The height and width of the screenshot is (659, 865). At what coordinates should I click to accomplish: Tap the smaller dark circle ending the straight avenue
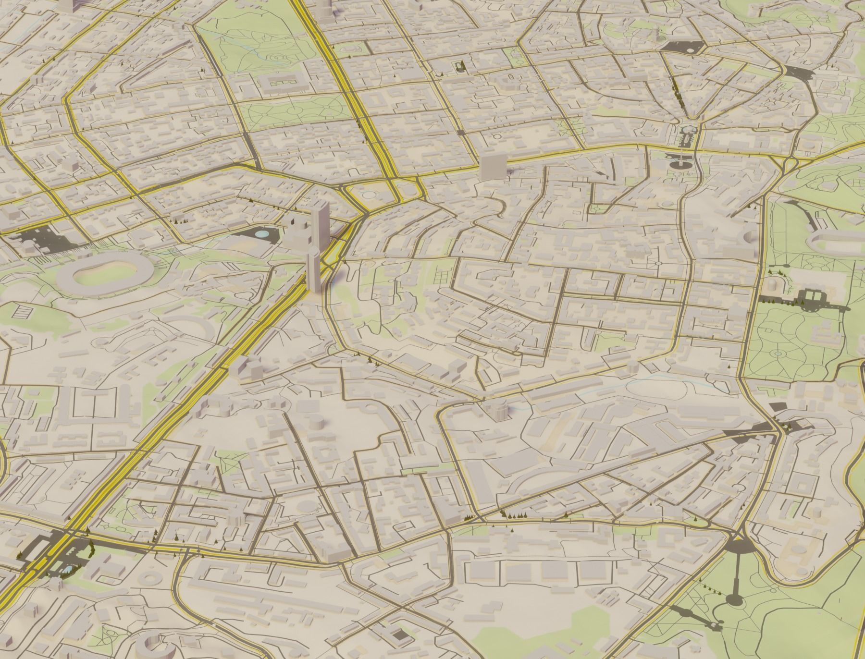pyautogui.click(x=734, y=599)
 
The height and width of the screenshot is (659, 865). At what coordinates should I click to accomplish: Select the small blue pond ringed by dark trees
pyautogui.click(x=67, y=569)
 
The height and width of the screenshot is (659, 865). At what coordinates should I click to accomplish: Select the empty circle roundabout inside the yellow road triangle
pyautogui.click(x=369, y=195)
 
